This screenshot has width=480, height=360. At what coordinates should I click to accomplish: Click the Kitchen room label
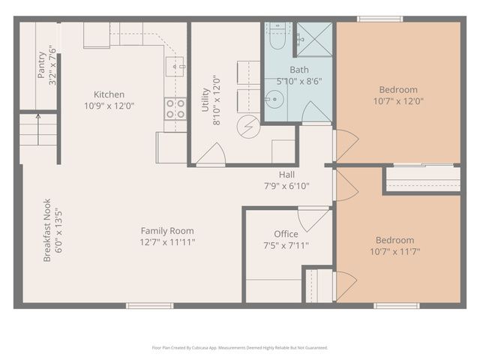[109, 94]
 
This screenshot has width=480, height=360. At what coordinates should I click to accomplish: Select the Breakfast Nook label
[47, 229]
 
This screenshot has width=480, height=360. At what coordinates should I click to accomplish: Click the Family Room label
[166, 231]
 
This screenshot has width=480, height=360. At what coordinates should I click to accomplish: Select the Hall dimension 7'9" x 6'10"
[286, 186]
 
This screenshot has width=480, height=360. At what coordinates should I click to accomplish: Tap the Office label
[286, 234]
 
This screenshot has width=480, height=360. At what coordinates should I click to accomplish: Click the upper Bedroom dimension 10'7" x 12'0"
[398, 100]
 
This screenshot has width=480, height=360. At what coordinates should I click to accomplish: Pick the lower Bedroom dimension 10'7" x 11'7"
[395, 251]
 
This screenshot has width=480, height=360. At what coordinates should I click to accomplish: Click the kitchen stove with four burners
[175, 109]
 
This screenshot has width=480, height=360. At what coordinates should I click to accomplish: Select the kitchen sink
[178, 67]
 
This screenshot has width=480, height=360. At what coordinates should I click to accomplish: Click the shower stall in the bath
[313, 39]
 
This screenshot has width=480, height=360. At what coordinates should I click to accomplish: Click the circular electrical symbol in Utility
[247, 127]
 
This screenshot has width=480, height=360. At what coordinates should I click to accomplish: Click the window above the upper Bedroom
[379, 19]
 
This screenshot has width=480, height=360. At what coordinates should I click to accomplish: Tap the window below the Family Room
[149, 305]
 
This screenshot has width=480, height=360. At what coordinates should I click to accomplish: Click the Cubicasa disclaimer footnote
[240, 347]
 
